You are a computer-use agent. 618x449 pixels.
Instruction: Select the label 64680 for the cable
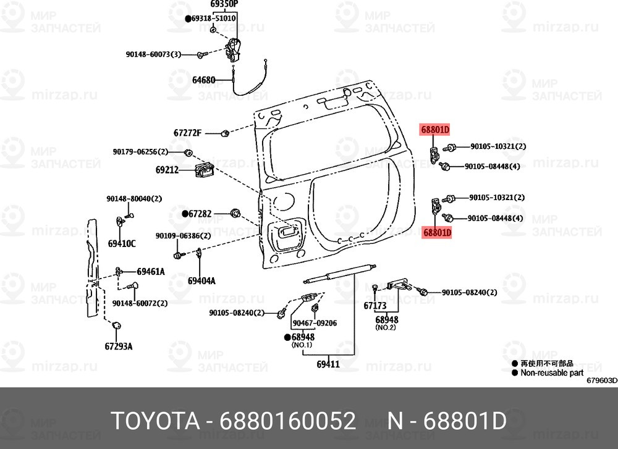[x=203, y=80]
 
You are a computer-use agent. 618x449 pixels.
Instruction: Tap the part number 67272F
[x=188, y=133]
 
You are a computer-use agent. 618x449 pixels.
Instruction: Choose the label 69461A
[x=151, y=271]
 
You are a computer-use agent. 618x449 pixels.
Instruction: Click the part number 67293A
[x=119, y=346]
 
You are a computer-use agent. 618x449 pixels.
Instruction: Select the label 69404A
[x=202, y=280]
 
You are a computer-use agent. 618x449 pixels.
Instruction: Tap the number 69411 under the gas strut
[x=328, y=364]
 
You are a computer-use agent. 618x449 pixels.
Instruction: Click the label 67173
[x=375, y=306]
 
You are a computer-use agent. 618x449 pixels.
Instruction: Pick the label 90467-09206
[x=315, y=323]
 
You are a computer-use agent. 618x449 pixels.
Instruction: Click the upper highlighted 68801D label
[x=436, y=130]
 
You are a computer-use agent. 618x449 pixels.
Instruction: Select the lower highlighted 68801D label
[x=437, y=233]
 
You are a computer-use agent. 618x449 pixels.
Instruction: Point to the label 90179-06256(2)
[x=140, y=152]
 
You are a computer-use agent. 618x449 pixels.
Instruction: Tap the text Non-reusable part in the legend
[x=552, y=372]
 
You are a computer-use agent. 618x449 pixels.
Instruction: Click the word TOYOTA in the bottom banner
[x=155, y=422]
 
